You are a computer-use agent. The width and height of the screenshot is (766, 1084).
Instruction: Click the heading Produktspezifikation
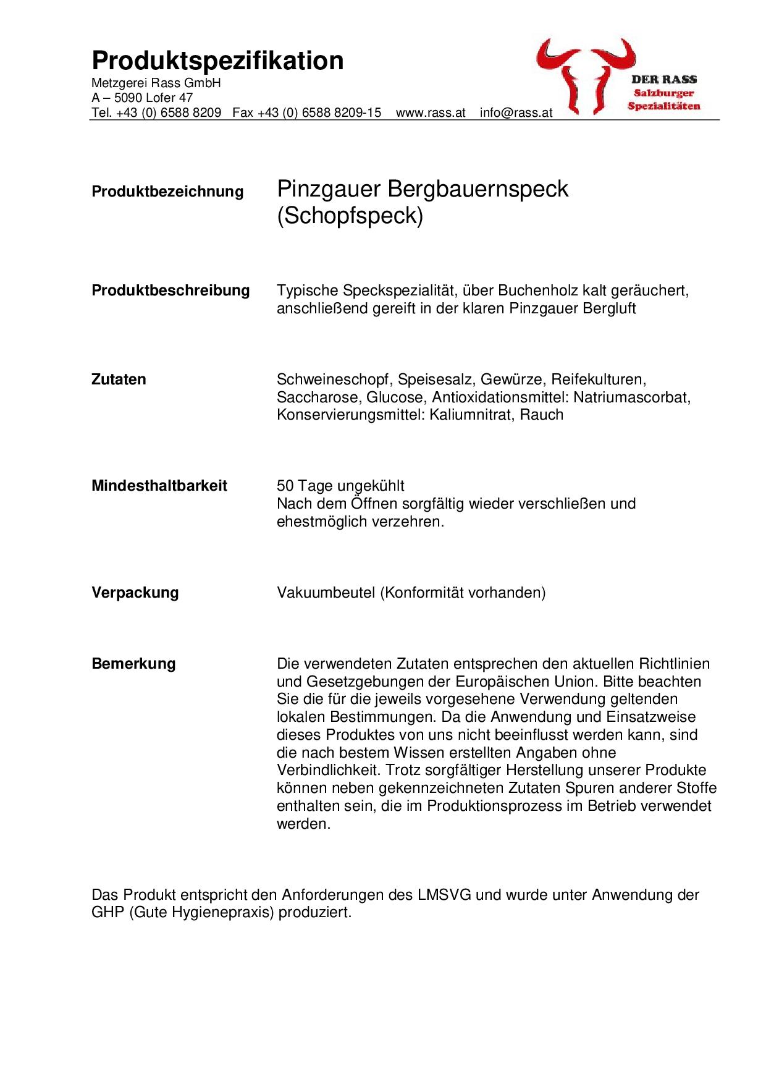pos(217,61)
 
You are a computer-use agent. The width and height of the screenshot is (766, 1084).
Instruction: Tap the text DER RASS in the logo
pos(663,79)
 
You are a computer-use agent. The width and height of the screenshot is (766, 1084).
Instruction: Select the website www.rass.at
pos(430,112)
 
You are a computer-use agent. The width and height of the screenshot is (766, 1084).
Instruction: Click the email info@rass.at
pos(516,112)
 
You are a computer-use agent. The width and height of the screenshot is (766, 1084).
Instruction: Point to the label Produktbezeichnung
pos(167,192)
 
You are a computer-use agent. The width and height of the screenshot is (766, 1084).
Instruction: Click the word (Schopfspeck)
pos(350,217)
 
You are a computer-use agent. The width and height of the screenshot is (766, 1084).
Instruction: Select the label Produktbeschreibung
pos(170,290)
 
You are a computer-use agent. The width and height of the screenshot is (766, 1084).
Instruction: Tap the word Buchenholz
pos(536,290)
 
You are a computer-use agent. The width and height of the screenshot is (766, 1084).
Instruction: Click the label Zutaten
pos(119,379)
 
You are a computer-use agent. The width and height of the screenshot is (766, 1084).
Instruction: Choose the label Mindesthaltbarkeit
pos(159,486)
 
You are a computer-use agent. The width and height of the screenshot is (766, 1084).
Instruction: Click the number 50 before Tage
pos(285,486)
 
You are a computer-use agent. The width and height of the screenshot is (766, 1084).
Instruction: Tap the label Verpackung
pos(135,593)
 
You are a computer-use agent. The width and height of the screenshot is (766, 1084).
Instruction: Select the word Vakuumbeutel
pos(326,593)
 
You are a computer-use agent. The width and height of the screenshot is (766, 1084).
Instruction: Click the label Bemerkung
pos(133,664)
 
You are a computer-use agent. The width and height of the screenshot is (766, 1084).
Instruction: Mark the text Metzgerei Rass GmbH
pos(156,83)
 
